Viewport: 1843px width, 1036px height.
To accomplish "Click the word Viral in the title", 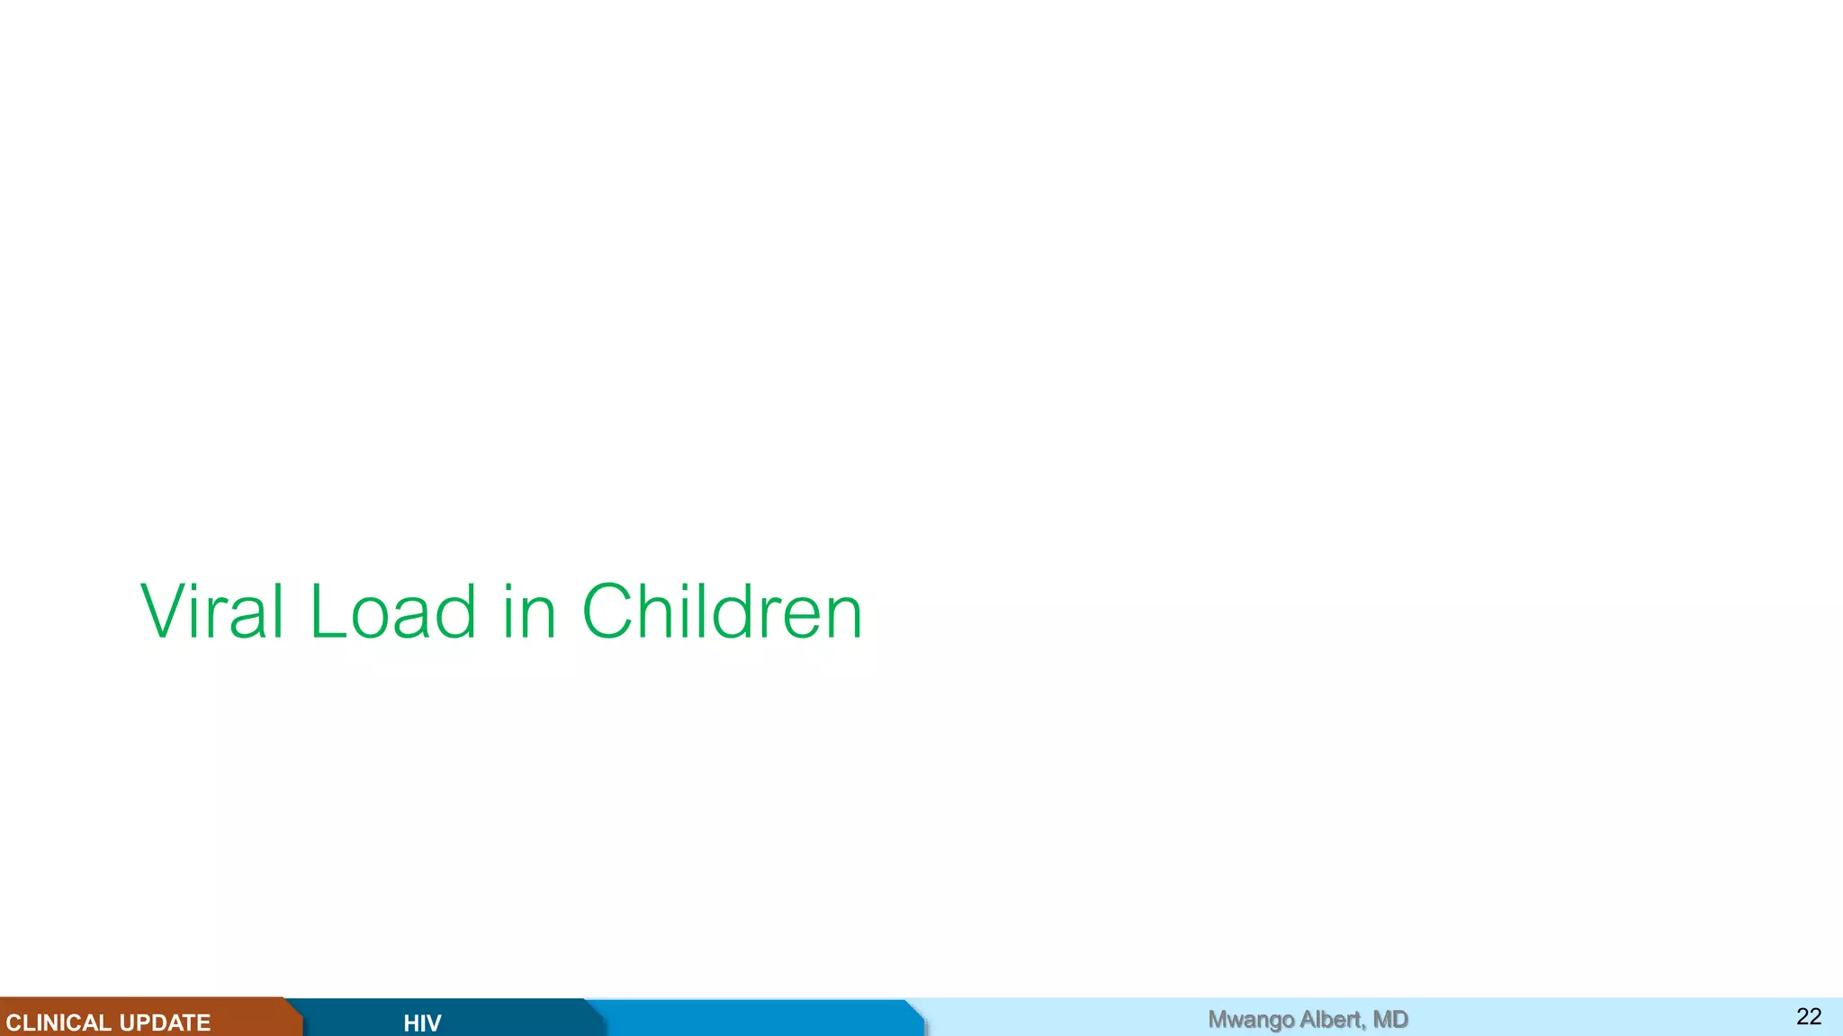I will pyautogui.click(x=212, y=612).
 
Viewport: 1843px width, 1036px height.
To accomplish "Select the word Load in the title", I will pyautogui.click(x=393, y=612).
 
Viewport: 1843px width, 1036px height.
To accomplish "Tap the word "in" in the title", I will pyautogui.click(x=529, y=612).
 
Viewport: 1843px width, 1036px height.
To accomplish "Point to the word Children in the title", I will pyautogui.click(x=723, y=612).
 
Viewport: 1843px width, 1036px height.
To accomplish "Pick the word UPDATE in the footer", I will pyautogui.click(x=165, y=1023).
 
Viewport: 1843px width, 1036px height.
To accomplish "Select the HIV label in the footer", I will pyautogui.click(x=422, y=1023).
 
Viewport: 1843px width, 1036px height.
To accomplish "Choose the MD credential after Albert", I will pyautogui.click(x=1391, y=1019).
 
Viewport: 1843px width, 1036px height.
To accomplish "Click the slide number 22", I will pyautogui.click(x=1809, y=1017).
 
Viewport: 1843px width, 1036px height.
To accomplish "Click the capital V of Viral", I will pyautogui.click(x=163, y=612).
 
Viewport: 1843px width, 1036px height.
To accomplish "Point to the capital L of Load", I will pyautogui.click(x=327, y=612).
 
